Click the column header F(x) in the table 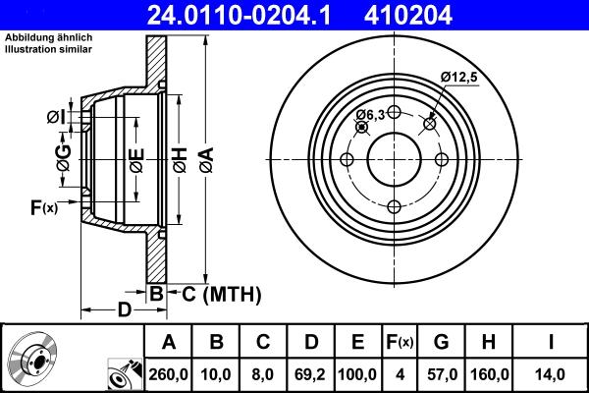[400, 341]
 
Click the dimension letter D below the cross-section [124, 310]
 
